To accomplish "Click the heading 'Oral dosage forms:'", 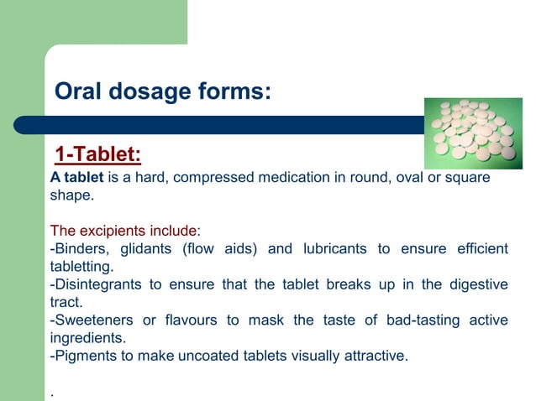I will [162, 91].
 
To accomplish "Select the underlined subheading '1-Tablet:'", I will [97, 155].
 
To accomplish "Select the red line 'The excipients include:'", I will [125, 231].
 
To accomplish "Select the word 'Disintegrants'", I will [96, 284].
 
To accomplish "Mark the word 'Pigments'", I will [83, 355].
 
